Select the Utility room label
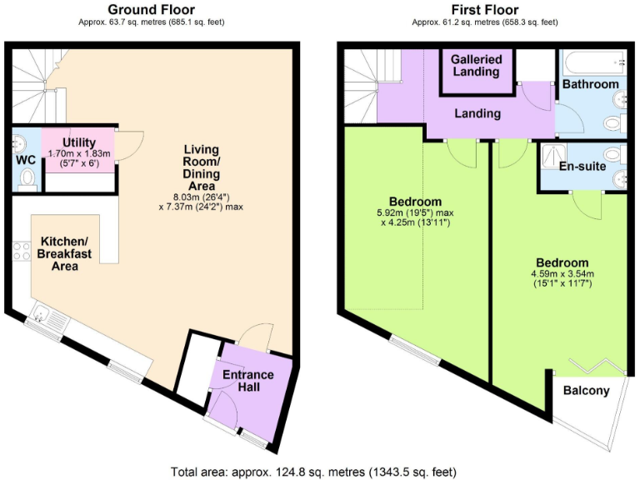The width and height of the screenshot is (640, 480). coord(77,143)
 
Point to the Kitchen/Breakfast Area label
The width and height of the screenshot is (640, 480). coord(59,254)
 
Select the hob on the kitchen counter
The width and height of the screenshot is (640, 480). coord(21,251)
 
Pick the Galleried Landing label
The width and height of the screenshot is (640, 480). coord(477,65)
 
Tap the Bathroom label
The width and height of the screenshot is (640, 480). coord(590,84)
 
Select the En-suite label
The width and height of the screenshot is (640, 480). coord(582,167)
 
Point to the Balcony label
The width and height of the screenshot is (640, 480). coord(586,391)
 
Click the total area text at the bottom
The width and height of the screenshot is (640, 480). coord(313,472)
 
